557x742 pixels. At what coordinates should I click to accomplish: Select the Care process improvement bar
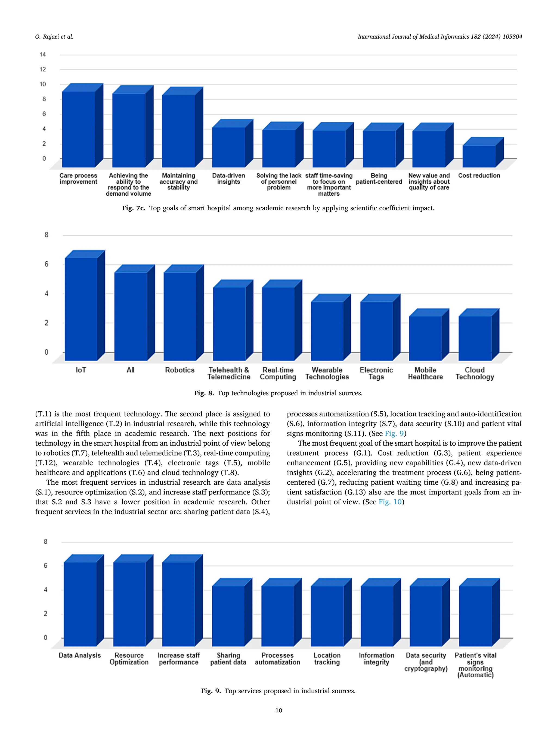79,129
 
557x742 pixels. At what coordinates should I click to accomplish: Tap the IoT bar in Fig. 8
81,309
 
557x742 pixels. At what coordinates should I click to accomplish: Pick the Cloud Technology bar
475,338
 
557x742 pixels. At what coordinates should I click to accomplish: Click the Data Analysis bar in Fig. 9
80,604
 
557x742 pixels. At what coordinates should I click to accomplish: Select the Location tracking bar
327,616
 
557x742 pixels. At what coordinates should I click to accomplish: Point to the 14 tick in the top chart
43,55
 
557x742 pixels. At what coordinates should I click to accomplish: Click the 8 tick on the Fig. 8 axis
46,235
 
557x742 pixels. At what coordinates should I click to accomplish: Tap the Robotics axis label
180,370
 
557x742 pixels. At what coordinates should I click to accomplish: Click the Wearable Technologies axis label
327,373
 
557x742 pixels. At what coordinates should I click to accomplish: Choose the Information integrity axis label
376,659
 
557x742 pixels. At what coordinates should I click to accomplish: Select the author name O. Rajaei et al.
54,37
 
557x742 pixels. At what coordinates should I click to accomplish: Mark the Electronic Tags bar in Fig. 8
376,331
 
